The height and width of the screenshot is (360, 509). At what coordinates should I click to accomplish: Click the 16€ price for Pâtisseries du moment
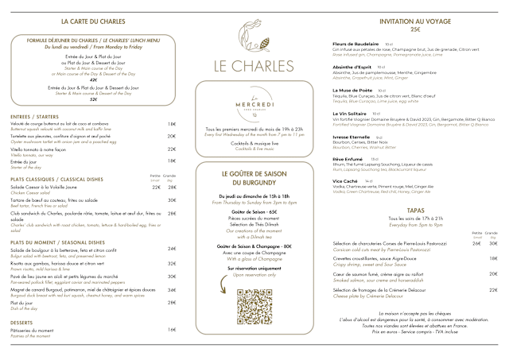172,329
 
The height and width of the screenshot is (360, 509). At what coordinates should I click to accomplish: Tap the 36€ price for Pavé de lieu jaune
172,275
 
